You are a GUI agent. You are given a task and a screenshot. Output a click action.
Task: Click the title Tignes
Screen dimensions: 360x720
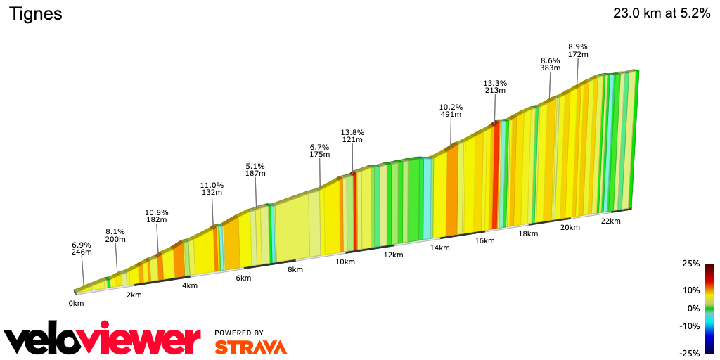pos(35,14)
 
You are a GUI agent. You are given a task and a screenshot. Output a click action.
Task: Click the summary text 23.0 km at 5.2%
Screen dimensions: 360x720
pos(662,13)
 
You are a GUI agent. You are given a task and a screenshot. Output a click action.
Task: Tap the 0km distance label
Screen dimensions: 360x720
pos(76,304)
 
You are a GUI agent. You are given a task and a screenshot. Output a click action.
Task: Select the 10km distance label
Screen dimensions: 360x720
pos(345,262)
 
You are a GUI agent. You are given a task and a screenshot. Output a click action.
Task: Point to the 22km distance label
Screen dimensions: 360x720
pos(611,221)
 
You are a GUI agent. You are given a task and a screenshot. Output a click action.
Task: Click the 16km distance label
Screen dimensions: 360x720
pos(484,240)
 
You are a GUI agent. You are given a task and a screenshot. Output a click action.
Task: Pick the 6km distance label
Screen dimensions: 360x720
pos(243,278)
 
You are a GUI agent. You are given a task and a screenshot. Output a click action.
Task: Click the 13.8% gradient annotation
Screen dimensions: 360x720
pos(352,132)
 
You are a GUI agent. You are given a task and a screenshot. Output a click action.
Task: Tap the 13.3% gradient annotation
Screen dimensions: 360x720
pos(495,83)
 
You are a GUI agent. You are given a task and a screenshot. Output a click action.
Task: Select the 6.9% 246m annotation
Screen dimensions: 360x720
pos(82,247)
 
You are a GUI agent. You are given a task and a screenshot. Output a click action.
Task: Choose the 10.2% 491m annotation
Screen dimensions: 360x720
pos(451,110)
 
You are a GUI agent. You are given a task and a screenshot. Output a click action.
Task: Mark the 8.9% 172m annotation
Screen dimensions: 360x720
pos(578,50)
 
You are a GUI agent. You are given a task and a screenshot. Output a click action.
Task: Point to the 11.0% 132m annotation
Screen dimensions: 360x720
pos(212,188)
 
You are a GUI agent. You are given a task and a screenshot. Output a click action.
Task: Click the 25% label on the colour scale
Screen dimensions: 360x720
pos(690,264)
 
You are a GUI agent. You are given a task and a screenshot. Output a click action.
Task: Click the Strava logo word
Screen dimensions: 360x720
pos(250,347)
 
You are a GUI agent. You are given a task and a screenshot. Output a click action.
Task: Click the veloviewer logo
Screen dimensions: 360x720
pos(102,341)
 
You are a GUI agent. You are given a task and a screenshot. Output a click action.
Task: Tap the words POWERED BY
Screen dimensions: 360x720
pos(239,333)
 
